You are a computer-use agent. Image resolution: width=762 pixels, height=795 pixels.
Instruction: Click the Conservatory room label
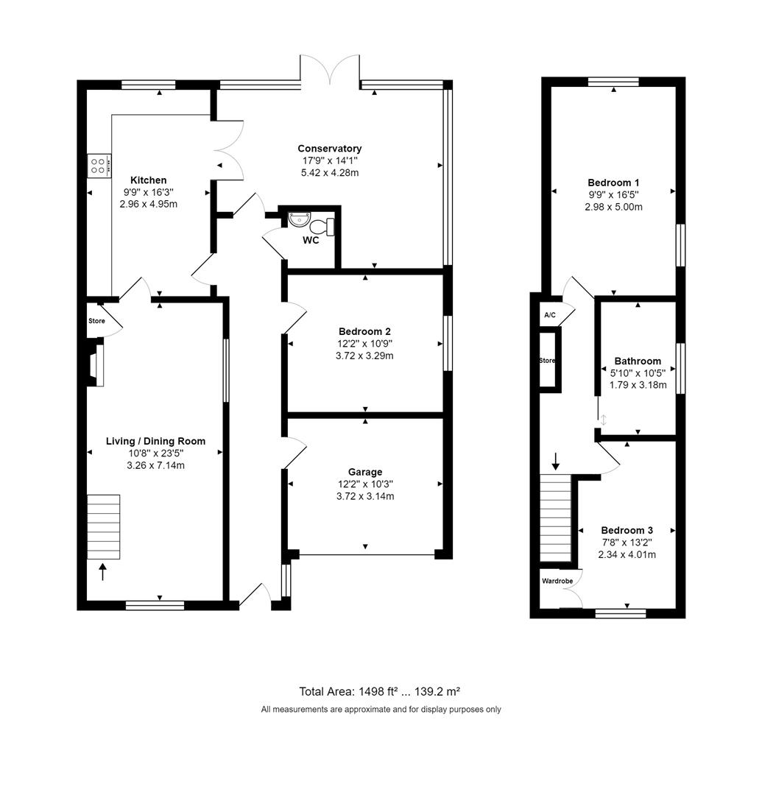330,149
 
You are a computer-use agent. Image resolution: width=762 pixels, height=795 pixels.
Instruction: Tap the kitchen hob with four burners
99,166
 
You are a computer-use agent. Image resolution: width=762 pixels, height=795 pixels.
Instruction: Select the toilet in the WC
322,227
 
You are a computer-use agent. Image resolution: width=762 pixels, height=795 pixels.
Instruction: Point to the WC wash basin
300,219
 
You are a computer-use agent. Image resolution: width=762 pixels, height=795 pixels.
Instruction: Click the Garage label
365,472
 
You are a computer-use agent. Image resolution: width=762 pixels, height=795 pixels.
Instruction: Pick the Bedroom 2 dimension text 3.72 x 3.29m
364,356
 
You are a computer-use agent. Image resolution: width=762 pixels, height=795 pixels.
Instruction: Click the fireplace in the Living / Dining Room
95,365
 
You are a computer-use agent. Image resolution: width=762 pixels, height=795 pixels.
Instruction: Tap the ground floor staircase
103,527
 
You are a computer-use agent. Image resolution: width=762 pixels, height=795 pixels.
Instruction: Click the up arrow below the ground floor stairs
103,572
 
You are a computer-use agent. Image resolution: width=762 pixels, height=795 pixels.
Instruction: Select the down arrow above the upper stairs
556,461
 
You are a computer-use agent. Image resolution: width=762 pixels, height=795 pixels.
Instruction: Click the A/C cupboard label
550,315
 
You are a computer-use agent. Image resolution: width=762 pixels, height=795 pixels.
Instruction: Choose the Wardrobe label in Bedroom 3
557,581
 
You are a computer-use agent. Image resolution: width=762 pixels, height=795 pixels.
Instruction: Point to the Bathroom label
638,361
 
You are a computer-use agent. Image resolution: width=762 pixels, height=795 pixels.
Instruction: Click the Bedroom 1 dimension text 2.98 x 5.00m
613,207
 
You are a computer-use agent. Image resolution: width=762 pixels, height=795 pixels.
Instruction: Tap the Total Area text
380,691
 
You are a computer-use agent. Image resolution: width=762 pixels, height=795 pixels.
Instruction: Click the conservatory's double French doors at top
330,69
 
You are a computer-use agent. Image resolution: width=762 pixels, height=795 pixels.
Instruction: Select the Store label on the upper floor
547,361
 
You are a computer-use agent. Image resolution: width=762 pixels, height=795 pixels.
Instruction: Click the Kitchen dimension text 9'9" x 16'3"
149,192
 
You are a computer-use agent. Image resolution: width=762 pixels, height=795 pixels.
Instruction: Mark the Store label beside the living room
97,321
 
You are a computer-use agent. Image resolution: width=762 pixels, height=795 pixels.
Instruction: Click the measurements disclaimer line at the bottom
381,710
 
